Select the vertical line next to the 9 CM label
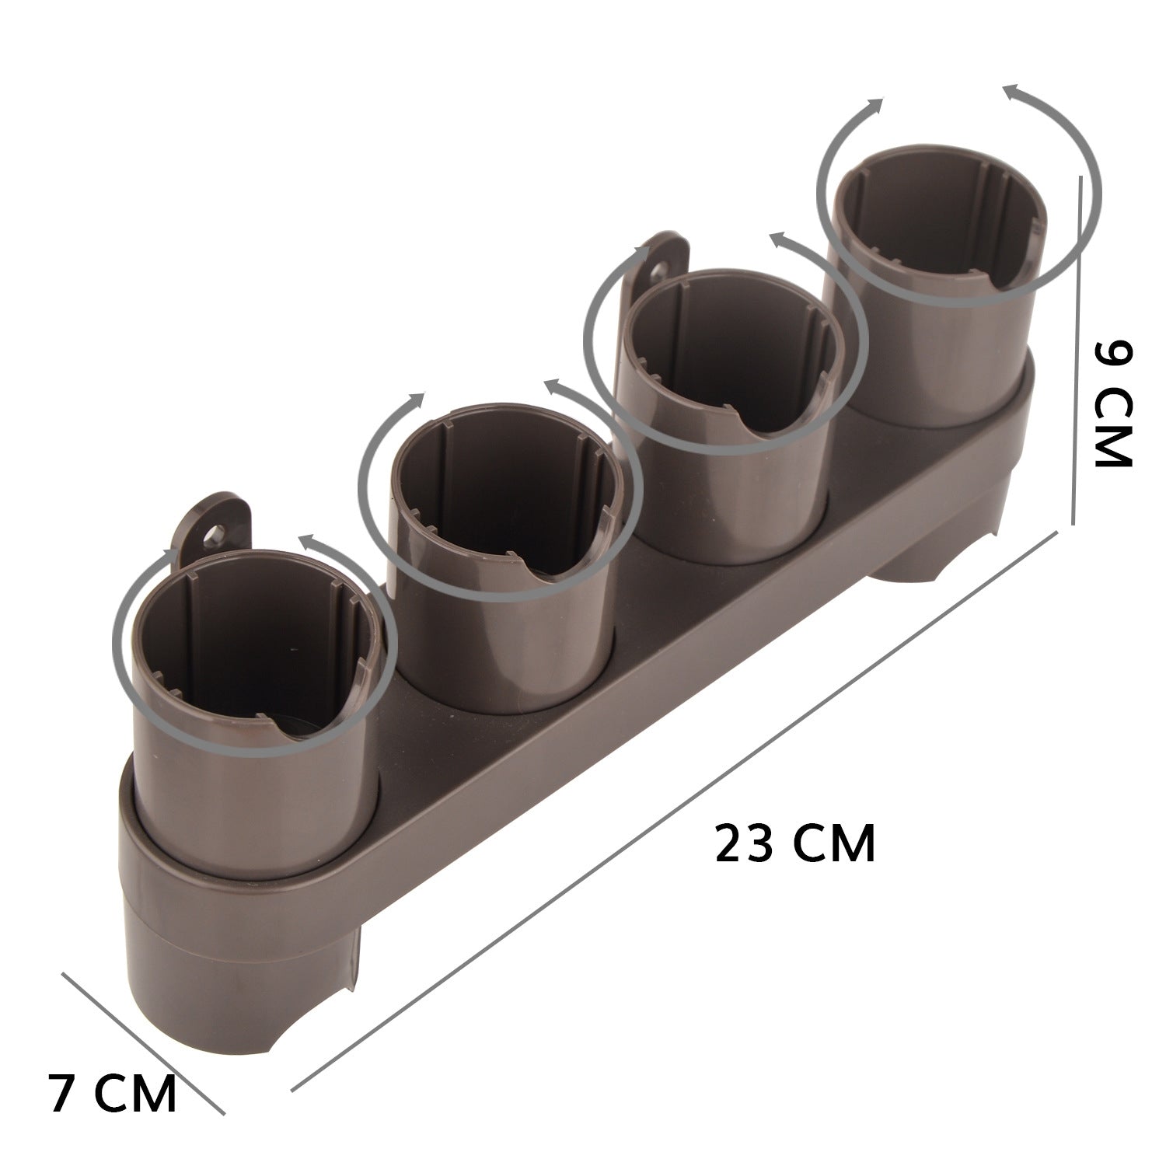pos(1078,350)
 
